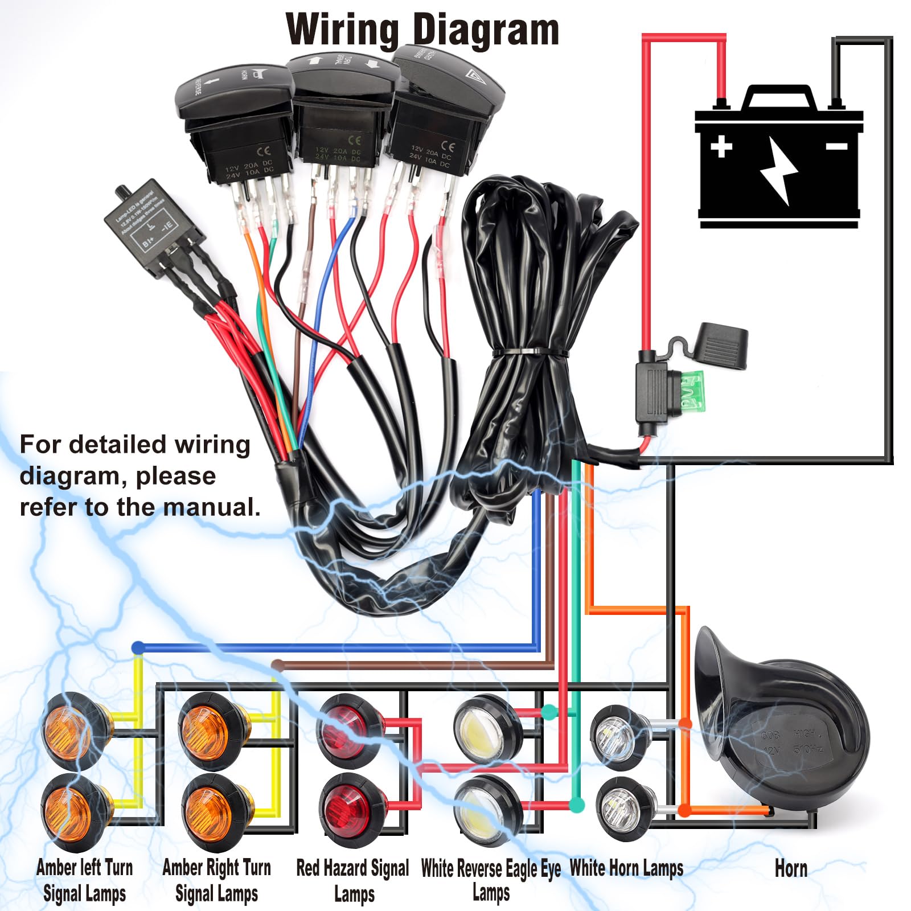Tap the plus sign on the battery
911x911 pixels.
coord(721,146)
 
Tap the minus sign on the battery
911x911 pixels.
coord(836,147)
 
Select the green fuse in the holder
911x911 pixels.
coord(692,393)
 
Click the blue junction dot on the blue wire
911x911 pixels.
coord(138,647)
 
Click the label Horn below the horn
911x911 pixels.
coord(790,869)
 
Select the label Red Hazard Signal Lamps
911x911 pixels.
coord(352,880)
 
